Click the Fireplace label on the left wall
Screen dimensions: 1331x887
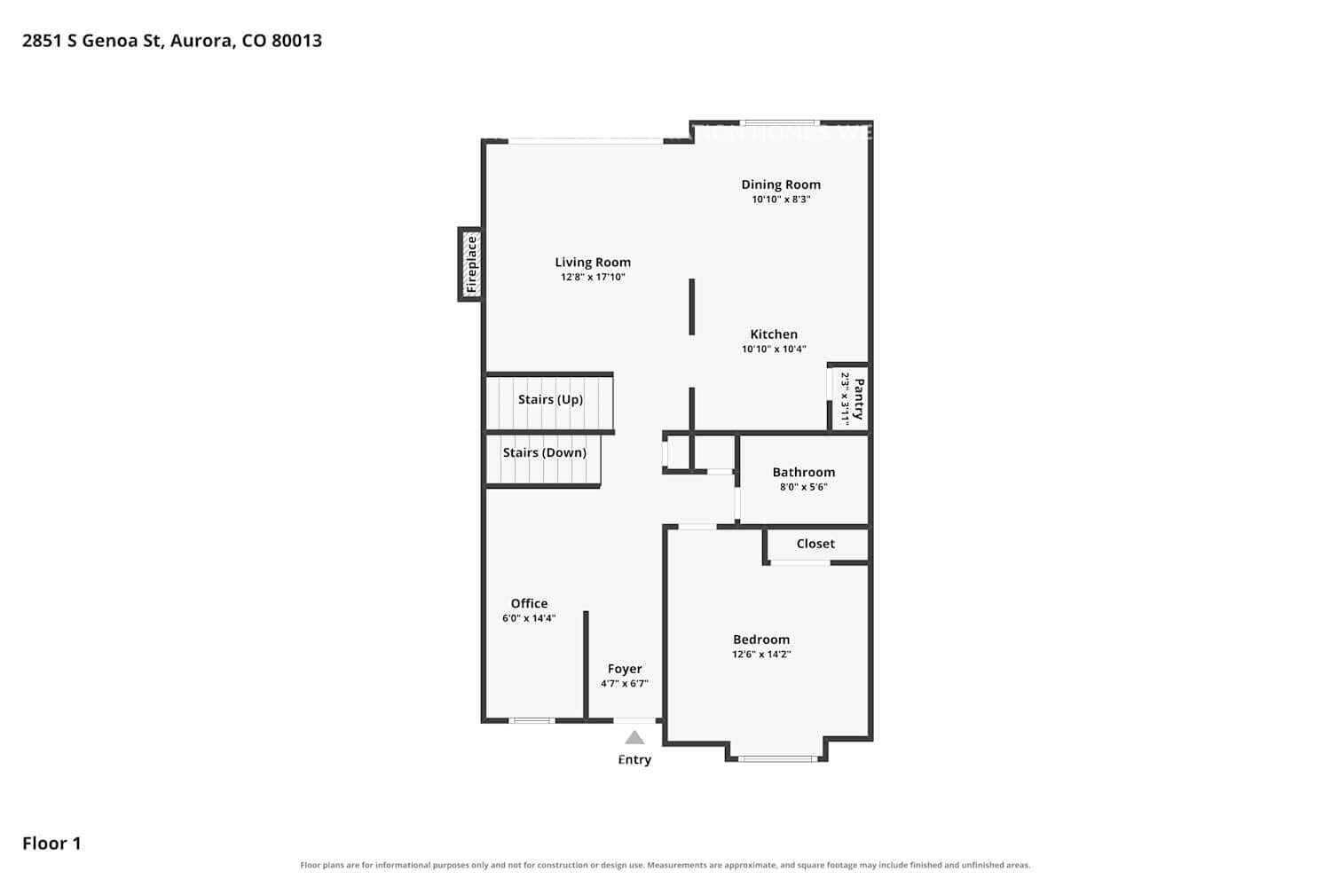(471, 264)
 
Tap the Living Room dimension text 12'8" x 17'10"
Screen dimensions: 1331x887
(593, 277)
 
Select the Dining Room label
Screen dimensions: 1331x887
(781, 184)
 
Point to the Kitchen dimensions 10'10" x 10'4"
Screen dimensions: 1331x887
(774, 349)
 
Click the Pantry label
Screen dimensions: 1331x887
(859, 398)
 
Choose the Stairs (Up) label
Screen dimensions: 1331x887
(550, 399)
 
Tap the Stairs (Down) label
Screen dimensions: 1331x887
(544, 452)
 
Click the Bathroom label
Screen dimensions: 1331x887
(803, 472)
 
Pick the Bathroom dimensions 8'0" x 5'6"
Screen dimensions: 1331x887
(803, 487)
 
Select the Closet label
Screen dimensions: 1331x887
(815, 544)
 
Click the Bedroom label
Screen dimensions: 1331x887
(761, 640)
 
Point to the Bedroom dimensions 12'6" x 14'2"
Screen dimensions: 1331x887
(761, 655)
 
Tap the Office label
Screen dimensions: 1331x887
(529, 604)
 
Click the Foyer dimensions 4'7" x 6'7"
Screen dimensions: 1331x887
(624, 684)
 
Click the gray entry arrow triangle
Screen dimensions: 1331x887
(634, 739)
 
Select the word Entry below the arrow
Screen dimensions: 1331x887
(634, 760)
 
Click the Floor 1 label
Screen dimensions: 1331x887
(51, 844)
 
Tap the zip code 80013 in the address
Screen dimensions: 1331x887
(296, 41)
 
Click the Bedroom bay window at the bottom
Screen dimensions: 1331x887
(776, 758)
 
